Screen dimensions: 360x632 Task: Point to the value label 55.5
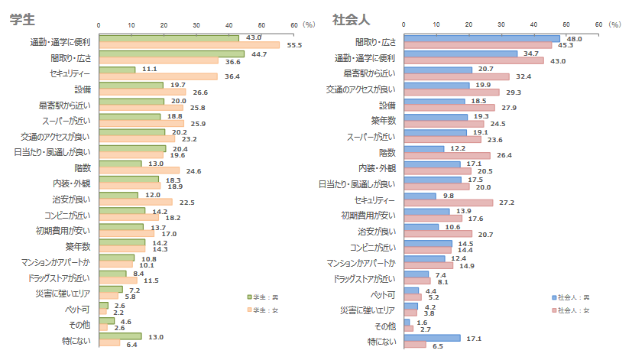pyautogui.click(x=295, y=46)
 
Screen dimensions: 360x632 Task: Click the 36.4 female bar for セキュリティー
pyautogui.click(x=158, y=76)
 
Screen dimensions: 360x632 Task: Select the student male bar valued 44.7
pyautogui.click(x=171, y=54)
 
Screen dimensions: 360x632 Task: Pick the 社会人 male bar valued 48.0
pyautogui.click(x=481, y=38)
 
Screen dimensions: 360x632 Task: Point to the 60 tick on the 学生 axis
pyautogui.click(x=294, y=25)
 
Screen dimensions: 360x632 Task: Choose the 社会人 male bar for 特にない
pyautogui.click(x=431, y=338)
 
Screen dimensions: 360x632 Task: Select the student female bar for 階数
pyautogui.click(x=139, y=170)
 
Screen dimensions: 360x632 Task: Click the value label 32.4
pyautogui.click(x=523, y=76)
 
